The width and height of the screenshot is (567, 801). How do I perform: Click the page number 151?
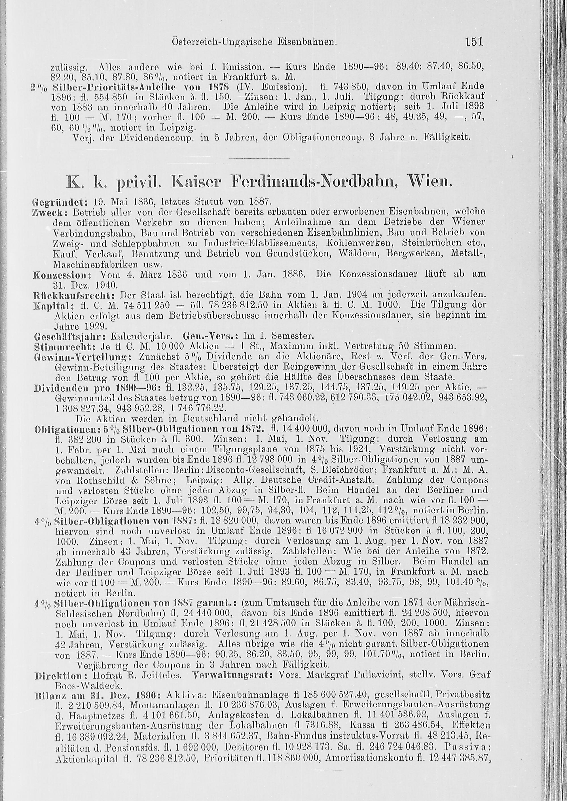click(x=473, y=42)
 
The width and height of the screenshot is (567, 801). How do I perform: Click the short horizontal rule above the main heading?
click(x=259, y=158)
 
